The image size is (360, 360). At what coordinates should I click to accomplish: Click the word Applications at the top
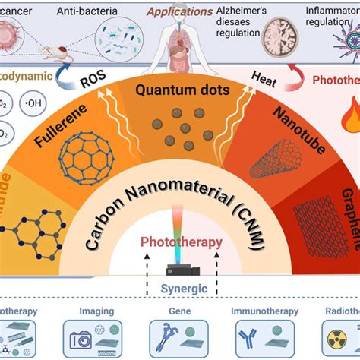pos(180,12)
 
